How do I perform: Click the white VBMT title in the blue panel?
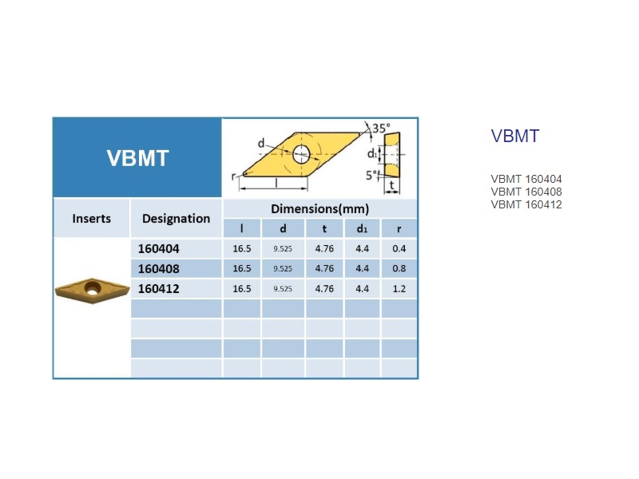pos(137,158)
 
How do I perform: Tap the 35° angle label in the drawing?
pos(381,129)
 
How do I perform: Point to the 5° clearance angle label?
pos(371,175)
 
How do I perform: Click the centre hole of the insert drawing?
pos(301,154)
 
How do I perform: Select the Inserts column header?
pos(91,218)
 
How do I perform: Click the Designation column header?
pos(176,219)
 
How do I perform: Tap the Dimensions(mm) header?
pos(320,209)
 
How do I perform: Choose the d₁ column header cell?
pos(362,228)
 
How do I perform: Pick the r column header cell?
pos(399,228)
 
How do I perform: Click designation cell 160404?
pos(158,248)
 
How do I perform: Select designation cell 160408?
pos(158,269)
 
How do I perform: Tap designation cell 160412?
pos(158,289)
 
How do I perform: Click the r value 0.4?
pos(399,248)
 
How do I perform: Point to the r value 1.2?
pos(399,289)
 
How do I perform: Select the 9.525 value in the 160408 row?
pos(283,269)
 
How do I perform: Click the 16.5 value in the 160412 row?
pos(242,289)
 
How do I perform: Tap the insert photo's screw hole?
pos(93,287)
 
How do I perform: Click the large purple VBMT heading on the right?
pos(515,136)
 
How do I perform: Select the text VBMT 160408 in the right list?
pos(526,192)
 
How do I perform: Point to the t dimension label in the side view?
pos(391,185)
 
